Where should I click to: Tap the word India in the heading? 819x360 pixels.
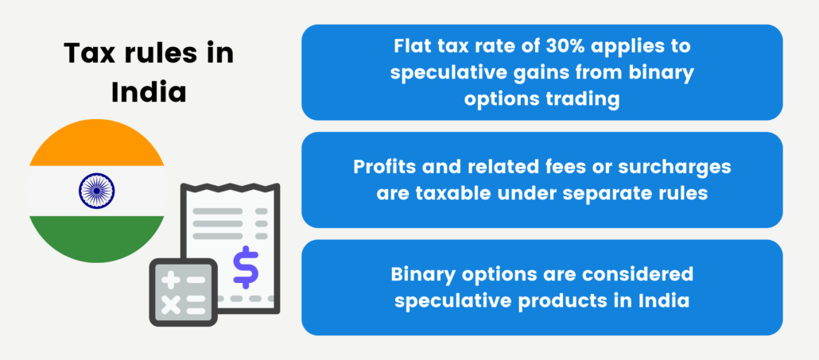tap(148, 91)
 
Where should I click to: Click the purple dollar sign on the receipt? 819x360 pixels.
tap(246, 267)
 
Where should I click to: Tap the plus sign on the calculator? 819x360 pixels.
tap(170, 280)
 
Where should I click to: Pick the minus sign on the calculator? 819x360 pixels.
tap(196, 280)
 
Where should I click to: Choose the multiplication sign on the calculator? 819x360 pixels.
tap(170, 304)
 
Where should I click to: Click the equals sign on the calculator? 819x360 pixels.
tap(196, 304)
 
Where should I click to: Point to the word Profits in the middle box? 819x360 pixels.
tap(385, 169)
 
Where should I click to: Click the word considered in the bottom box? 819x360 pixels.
tap(640, 275)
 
